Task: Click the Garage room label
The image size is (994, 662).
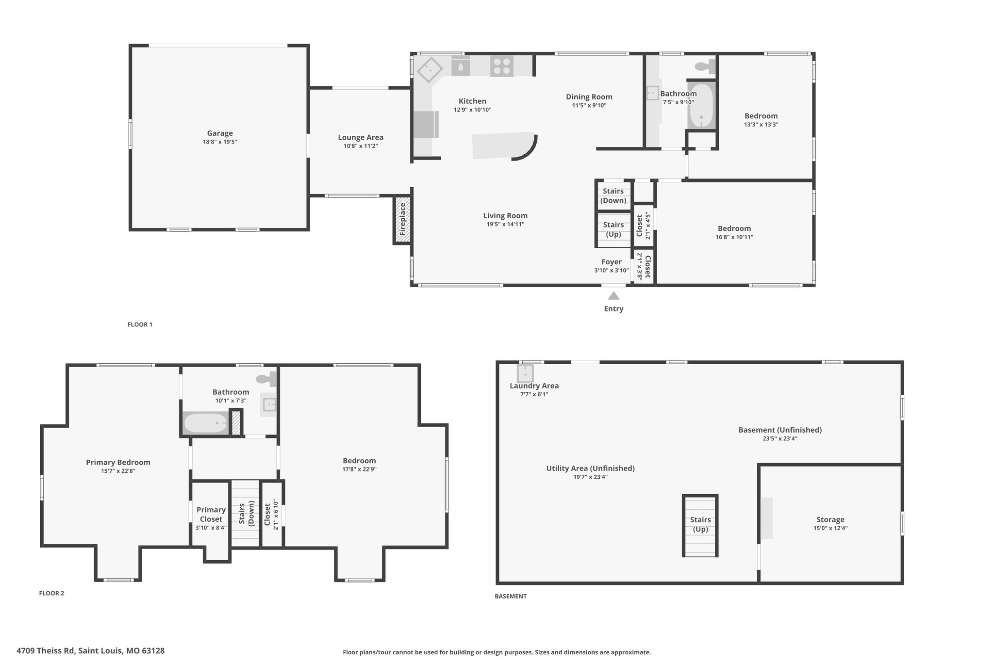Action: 220,133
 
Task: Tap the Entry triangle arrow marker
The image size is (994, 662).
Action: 613,296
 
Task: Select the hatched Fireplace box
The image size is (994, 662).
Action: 402,220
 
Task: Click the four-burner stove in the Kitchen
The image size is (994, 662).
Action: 502,66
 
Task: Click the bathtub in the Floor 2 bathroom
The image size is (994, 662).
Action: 205,423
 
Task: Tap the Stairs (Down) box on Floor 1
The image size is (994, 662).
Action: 613,195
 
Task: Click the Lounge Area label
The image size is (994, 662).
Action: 361,138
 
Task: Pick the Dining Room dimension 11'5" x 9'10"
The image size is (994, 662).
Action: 589,105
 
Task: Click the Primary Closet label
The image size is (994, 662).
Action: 211,515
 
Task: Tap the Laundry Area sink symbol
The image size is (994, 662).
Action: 525,373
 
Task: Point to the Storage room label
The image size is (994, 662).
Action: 830,519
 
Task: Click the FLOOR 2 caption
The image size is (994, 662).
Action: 51,593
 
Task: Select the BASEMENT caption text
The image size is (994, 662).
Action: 511,596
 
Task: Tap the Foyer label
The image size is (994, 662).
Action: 612,262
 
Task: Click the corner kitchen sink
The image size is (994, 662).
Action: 430,69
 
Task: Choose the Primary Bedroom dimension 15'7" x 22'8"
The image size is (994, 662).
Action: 118,471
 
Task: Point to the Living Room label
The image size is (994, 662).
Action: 505,216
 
